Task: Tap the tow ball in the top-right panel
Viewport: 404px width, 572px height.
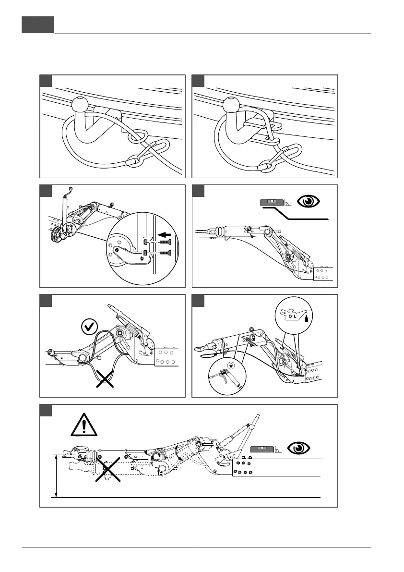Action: [x=232, y=104]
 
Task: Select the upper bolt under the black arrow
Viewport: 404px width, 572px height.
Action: [x=165, y=243]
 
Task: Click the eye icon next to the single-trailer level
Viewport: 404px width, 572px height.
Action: [x=307, y=201]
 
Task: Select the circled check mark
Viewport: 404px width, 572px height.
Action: [x=88, y=329]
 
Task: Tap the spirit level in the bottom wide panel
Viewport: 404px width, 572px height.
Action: [x=262, y=449]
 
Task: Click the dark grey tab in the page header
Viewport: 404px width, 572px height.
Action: [x=38, y=24]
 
